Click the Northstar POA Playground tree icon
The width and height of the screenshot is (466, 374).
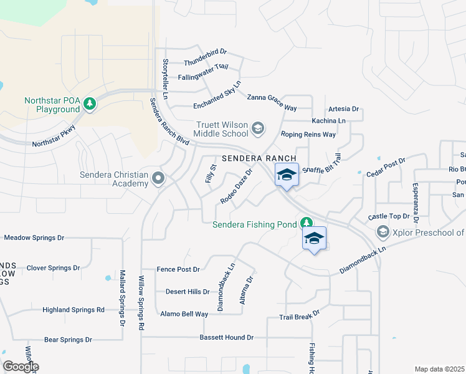pos(90,103)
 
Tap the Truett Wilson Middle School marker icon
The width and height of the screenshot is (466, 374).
pos(257,129)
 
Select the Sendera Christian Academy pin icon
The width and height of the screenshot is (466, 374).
pos(158,180)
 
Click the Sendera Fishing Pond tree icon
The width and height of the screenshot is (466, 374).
pos(306,223)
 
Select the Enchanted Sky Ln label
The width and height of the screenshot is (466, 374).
pos(209,89)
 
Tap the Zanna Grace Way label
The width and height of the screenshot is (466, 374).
pos(272,102)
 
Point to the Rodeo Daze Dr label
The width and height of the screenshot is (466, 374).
pos(236,186)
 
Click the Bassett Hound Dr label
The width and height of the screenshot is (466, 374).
pos(227,337)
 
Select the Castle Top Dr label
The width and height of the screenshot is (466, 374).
pos(389,216)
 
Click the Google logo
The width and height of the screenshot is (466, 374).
pos(21,367)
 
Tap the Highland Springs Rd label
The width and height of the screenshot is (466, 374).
pos(73,310)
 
